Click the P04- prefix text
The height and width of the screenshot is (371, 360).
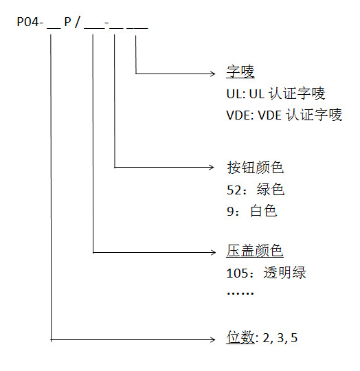pos(31,22)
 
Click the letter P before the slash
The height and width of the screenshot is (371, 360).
pos(68,22)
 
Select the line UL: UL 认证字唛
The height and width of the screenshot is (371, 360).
pos(275,93)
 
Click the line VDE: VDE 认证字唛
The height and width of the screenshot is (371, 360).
pos(284,115)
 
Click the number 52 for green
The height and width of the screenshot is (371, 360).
pos(234,190)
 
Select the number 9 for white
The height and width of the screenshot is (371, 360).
pos(230,211)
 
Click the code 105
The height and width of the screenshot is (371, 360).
pos(237,273)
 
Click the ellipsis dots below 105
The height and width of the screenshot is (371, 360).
pos(240,293)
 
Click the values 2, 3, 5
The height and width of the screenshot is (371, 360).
pos(279,338)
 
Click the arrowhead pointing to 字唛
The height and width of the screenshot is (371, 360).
pos(212,72)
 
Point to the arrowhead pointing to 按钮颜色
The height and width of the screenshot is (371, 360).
pos(212,167)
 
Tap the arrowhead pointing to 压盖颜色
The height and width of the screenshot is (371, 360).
pos(212,252)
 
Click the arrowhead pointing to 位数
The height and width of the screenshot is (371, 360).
pos(212,338)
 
